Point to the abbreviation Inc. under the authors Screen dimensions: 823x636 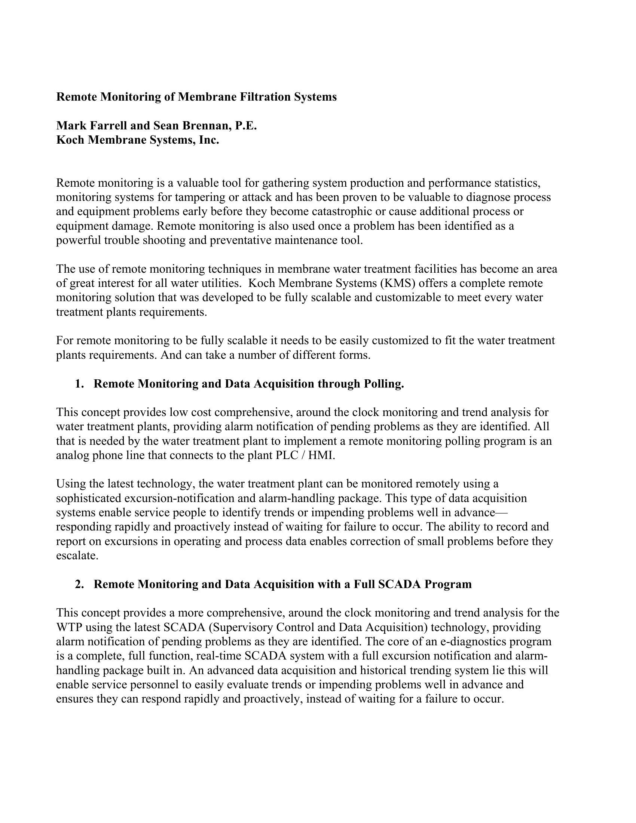210,140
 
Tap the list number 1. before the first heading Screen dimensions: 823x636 79,384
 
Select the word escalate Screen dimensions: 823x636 77,556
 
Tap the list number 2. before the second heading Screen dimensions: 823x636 79,584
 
